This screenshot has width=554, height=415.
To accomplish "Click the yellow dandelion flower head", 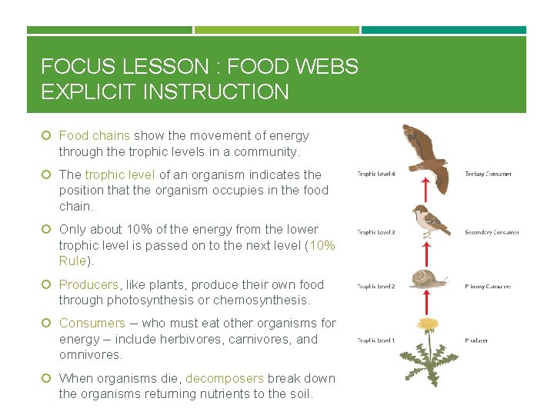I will point(428,324).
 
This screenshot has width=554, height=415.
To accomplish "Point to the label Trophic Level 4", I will point(375,174).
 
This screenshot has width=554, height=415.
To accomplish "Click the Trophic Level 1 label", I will point(375,340).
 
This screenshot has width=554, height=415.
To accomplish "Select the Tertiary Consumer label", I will point(488,174).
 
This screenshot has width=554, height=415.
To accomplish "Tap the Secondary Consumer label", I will point(492,232).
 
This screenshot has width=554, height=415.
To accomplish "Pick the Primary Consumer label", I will point(488,287).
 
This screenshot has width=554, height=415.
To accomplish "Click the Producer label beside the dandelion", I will point(476,340).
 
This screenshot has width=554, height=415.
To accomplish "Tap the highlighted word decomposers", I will point(224,378).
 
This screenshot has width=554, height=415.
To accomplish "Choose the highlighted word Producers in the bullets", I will point(88,284).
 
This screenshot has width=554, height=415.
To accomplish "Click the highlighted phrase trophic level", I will point(120,174).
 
